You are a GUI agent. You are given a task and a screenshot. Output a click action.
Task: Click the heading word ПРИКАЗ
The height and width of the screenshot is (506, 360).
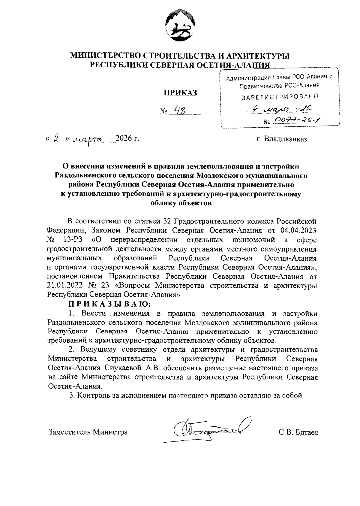pyautogui.click(x=180, y=93)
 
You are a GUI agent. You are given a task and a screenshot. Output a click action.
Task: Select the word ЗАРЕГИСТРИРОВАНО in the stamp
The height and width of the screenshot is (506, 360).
pyautogui.click(x=280, y=97)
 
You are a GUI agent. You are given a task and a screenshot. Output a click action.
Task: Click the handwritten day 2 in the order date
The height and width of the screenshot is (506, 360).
pyautogui.click(x=56, y=138)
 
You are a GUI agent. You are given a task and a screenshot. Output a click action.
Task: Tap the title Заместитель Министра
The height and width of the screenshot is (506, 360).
pyautogui.click(x=88, y=432)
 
